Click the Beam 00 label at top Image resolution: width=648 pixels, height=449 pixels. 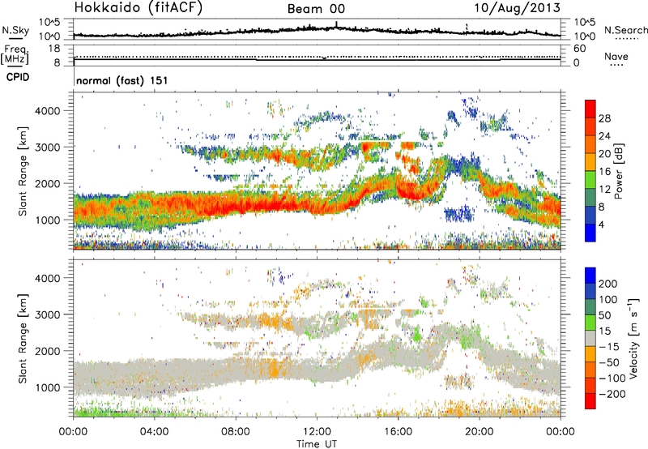click(x=319, y=9)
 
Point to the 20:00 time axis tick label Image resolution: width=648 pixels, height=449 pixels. click(x=480, y=430)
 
